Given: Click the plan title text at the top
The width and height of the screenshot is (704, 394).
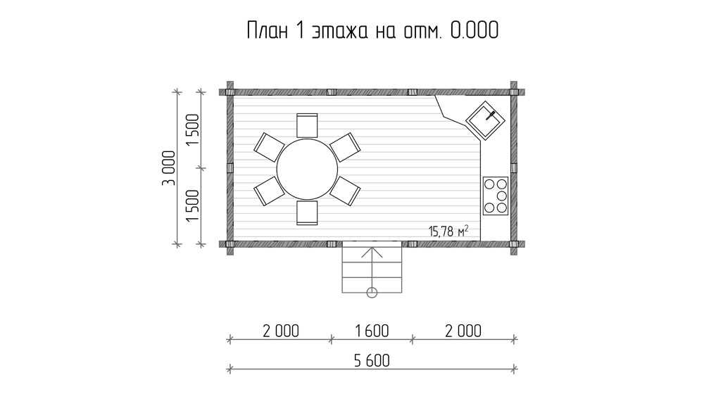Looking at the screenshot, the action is (x=372, y=30).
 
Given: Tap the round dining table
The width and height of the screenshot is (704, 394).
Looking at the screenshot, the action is (x=307, y=169).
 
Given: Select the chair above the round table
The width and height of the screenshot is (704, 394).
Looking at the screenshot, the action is (x=307, y=125).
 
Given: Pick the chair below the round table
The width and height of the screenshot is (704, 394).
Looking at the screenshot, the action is (x=307, y=212).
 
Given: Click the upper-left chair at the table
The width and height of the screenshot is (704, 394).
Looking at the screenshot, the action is (x=269, y=147).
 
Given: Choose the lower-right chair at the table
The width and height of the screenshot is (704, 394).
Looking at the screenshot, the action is (x=345, y=191).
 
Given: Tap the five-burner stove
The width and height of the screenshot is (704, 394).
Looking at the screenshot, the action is (x=496, y=196).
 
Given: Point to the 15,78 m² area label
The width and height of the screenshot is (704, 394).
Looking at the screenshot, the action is (x=448, y=231).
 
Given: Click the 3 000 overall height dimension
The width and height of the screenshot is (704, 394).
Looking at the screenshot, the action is (x=169, y=168).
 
